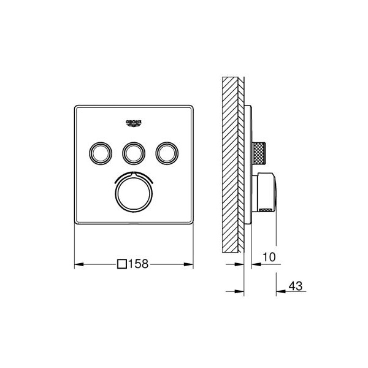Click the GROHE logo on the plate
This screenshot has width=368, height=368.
coord(134,123)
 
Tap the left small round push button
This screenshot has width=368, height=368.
coord(101,153)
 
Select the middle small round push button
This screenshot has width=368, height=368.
coord(134,153)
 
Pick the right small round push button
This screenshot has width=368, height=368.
coord(167,153)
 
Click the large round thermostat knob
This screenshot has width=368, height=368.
coord(134,194)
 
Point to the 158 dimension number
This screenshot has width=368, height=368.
coord(139,264)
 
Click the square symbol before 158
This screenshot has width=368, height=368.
coord(122,264)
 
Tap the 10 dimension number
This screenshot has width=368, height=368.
coord(269,257)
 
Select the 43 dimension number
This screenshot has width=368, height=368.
coord(296,286)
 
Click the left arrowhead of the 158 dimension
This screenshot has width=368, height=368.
coord(79,264)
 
